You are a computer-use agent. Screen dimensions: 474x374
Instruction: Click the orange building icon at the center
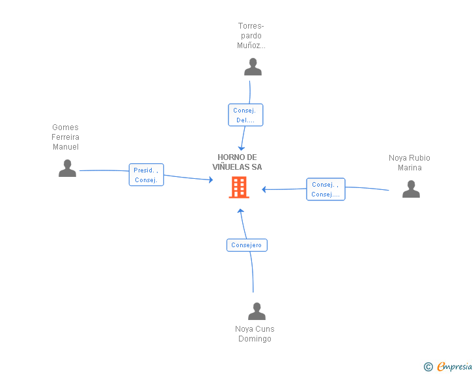(x=239, y=187)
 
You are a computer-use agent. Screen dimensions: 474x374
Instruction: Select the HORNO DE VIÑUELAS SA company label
(x=237, y=162)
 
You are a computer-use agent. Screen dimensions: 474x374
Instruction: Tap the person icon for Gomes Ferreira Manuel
(x=67, y=168)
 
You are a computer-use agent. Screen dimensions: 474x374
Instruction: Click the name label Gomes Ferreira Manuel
(x=65, y=137)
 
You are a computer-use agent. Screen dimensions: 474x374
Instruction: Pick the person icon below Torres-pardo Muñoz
(x=253, y=67)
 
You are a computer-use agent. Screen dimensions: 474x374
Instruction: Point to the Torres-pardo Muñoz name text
(x=251, y=36)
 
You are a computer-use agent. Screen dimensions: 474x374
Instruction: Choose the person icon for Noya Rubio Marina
(x=411, y=189)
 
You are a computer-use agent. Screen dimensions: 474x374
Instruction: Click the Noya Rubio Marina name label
(x=410, y=163)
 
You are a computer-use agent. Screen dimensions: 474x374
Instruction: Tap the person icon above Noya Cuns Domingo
(x=257, y=311)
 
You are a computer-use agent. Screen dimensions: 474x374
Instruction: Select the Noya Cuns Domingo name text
(x=255, y=334)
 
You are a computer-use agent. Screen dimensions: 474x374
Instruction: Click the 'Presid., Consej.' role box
(x=146, y=174)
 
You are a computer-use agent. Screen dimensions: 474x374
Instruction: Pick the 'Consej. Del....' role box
(x=245, y=114)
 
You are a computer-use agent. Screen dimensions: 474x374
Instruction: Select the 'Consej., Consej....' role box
(x=326, y=189)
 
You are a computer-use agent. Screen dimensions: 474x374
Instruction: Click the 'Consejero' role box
(x=247, y=245)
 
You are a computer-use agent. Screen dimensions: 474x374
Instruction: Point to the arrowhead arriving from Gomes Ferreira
(x=211, y=180)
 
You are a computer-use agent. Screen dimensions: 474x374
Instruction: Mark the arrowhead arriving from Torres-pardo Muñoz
(x=241, y=148)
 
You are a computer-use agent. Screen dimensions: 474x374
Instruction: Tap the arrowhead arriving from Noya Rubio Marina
(x=264, y=189)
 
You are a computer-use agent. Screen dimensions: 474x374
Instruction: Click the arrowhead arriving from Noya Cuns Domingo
(x=241, y=211)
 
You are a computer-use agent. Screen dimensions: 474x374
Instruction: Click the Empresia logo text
(x=454, y=366)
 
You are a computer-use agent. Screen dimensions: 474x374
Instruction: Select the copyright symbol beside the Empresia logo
(x=428, y=367)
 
